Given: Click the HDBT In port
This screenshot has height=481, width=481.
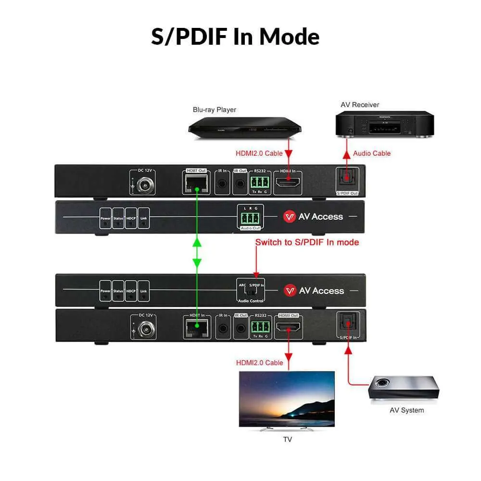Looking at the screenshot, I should (196, 329).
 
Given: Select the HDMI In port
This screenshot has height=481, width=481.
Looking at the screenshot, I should (288, 182).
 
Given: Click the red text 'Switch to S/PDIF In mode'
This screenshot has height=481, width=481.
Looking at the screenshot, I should (307, 242).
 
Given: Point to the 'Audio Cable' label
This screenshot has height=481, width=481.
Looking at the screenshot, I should (372, 153).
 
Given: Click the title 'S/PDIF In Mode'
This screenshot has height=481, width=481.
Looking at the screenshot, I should (235, 37).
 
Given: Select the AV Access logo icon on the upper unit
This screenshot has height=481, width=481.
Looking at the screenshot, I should (289, 216).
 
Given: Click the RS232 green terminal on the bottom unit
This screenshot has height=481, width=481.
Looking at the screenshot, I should (260, 328).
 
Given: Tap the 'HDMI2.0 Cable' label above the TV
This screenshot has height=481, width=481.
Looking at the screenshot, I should (259, 363).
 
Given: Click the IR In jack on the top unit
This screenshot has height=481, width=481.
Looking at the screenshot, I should (223, 183).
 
